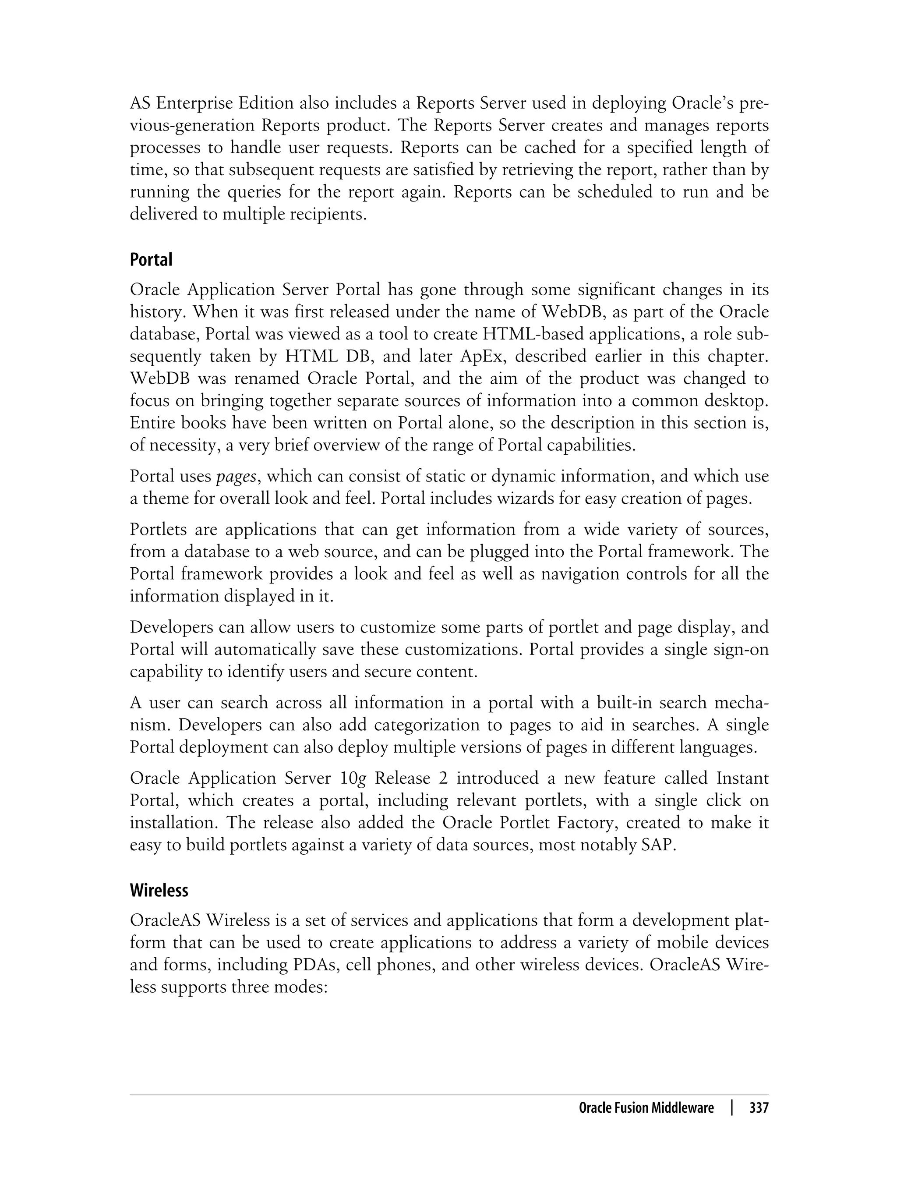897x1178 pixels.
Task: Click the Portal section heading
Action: coord(151,260)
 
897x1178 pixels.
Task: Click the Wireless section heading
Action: coord(159,890)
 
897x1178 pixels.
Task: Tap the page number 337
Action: coord(759,1108)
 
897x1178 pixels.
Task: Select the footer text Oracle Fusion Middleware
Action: coord(646,1108)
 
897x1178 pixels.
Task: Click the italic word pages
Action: coord(236,476)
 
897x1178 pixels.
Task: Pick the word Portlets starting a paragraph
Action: coord(159,529)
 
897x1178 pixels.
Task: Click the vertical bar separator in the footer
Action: coord(732,1108)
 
